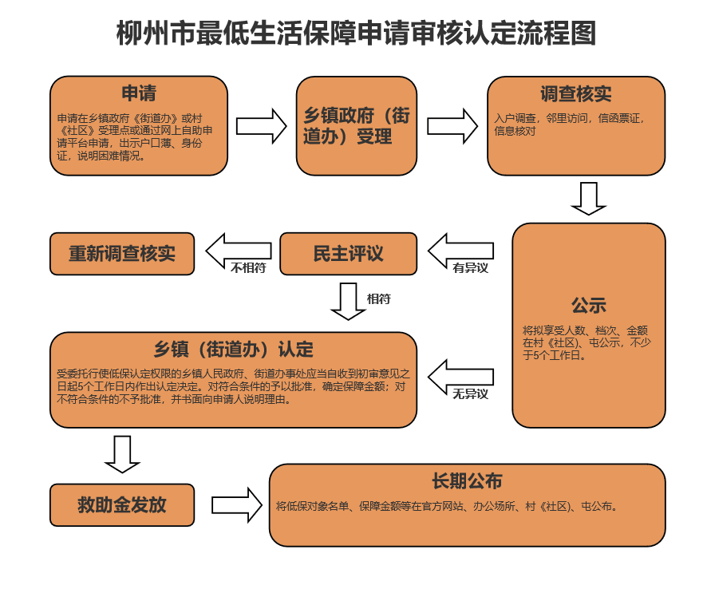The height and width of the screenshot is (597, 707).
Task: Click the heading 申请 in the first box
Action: (x=138, y=93)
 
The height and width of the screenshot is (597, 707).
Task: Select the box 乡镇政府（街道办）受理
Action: (x=356, y=125)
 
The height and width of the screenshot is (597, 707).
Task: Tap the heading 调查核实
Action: (x=575, y=93)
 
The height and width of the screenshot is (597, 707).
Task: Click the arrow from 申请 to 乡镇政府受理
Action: (x=261, y=125)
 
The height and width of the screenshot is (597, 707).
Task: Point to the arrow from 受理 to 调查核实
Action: (x=452, y=125)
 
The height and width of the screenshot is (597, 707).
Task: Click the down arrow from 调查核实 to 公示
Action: (x=589, y=198)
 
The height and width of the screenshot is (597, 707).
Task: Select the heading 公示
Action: (x=588, y=305)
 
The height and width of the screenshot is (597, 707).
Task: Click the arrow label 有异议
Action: (x=470, y=269)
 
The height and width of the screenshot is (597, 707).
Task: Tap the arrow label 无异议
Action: (x=470, y=394)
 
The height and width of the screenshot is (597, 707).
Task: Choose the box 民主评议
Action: (x=348, y=254)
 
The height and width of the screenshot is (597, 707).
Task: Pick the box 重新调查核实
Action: (x=121, y=254)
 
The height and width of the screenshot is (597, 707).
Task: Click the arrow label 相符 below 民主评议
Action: (x=378, y=299)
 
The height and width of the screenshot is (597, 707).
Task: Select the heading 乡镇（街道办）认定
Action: (x=233, y=349)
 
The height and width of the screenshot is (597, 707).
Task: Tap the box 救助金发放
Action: (x=121, y=504)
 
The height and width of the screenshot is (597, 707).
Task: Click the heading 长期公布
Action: (x=467, y=480)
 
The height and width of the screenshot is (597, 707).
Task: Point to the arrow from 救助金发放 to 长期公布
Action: (x=236, y=504)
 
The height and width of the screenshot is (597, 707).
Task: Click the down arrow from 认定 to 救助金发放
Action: (x=122, y=453)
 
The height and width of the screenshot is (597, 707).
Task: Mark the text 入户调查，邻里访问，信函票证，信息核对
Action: (x=568, y=125)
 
